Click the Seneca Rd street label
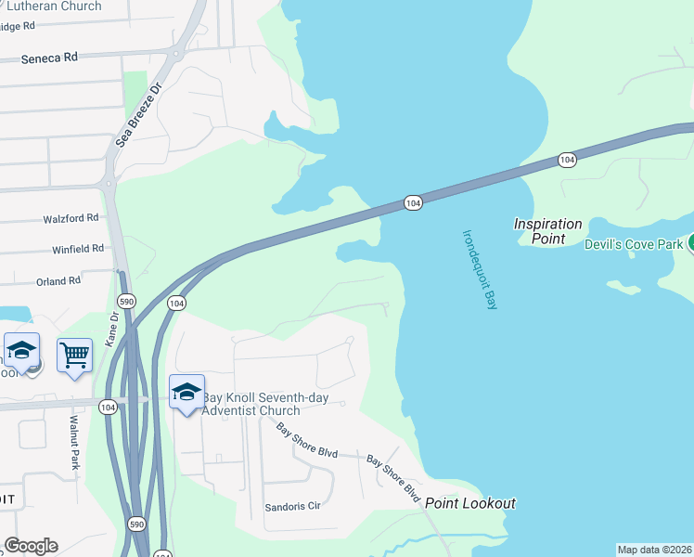pyautogui.click(x=51, y=58)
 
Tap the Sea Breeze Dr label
pyautogui.click(x=138, y=114)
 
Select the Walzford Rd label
pyautogui.click(x=71, y=218)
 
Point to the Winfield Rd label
pyautogui.click(x=77, y=249)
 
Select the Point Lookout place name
pyautogui.click(x=470, y=503)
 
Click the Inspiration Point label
pyautogui.click(x=548, y=231)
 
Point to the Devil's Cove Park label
pyautogui.click(x=634, y=244)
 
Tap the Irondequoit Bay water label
pyautogui.click(x=480, y=269)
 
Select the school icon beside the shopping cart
pyautogui.click(x=21, y=351)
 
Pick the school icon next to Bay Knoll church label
pyautogui.click(x=186, y=391)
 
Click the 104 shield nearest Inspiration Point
pyautogui.click(x=567, y=161)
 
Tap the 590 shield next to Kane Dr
pyautogui.click(x=127, y=301)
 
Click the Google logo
pyautogui.click(x=31, y=546)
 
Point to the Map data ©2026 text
pyautogui.click(x=654, y=550)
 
